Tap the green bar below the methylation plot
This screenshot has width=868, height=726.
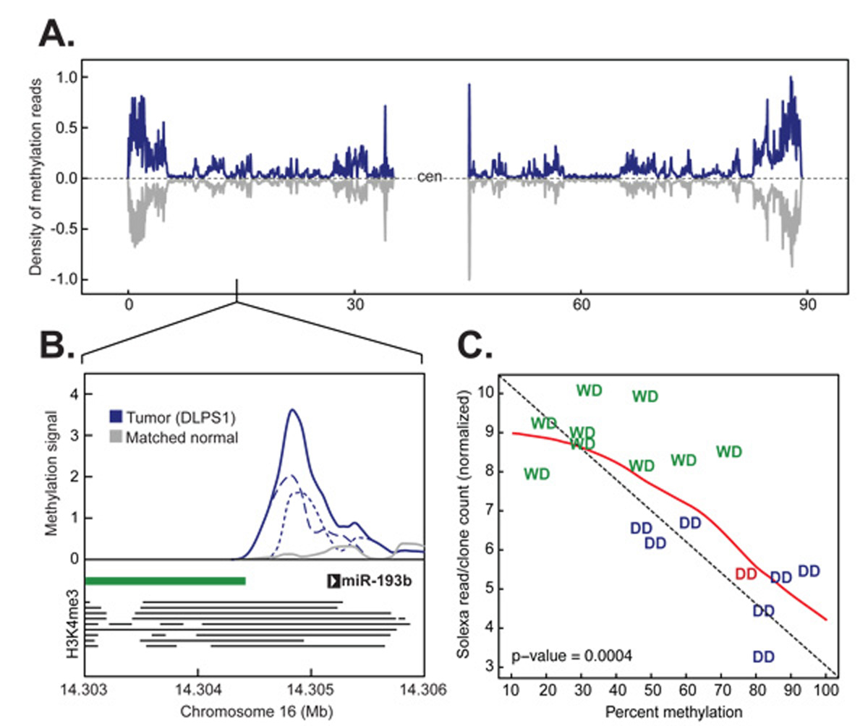pyautogui.click(x=166, y=580)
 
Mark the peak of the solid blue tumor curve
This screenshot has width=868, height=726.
pyautogui.click(x=292, y=410)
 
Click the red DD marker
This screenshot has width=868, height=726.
pyautogui.click(x=746, y=573)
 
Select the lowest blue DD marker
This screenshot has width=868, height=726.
pyautogui.click(x=764, y=657)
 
